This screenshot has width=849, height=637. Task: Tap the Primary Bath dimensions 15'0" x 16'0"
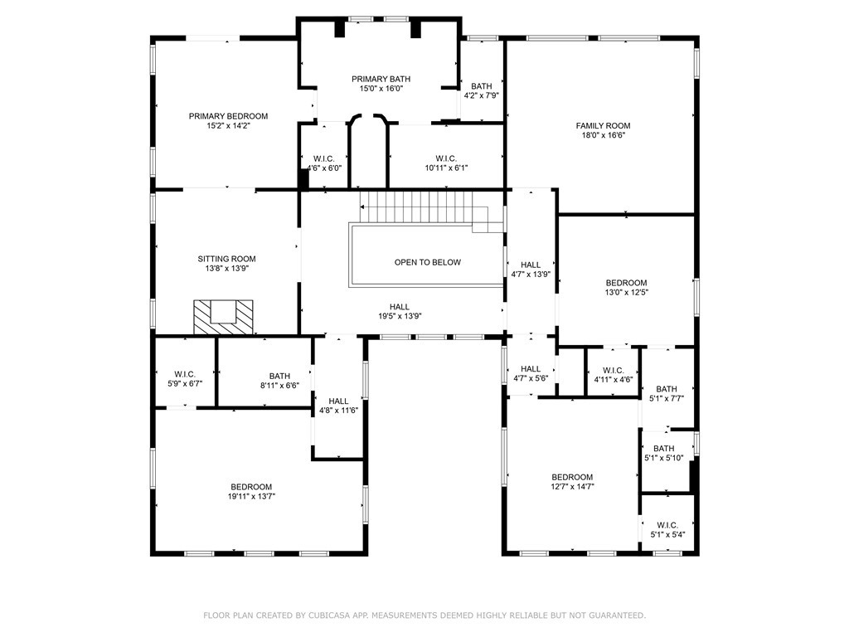click(381, 89)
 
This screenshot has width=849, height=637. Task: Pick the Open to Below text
click(427, 262)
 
